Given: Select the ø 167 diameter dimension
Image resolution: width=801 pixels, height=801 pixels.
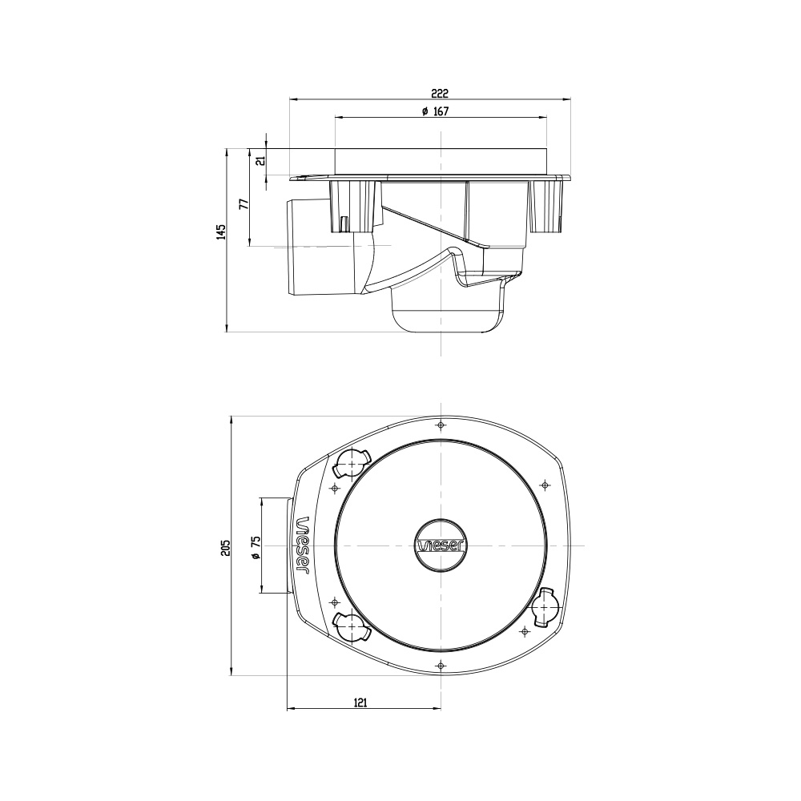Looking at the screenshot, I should coord(435,111).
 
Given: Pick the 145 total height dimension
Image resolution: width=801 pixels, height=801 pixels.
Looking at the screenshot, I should coord(220,231).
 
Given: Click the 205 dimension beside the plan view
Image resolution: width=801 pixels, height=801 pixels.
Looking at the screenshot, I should coord(225,547).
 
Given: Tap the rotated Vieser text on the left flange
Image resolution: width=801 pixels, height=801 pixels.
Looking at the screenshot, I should coord(304,545).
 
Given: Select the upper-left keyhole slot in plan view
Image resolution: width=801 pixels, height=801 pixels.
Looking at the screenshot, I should coord(351,462).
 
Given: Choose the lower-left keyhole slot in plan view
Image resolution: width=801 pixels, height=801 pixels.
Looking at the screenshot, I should coord(351,627).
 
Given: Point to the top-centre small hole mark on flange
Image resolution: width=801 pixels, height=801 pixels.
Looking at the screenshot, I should coord(441,425).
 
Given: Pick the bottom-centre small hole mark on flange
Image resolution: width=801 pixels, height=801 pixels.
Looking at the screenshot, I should coord(441,666).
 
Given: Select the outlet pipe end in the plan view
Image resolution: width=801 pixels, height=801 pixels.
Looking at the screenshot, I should coord(275,545).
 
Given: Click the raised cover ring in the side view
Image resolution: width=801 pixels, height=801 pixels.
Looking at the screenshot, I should coord(441,161).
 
